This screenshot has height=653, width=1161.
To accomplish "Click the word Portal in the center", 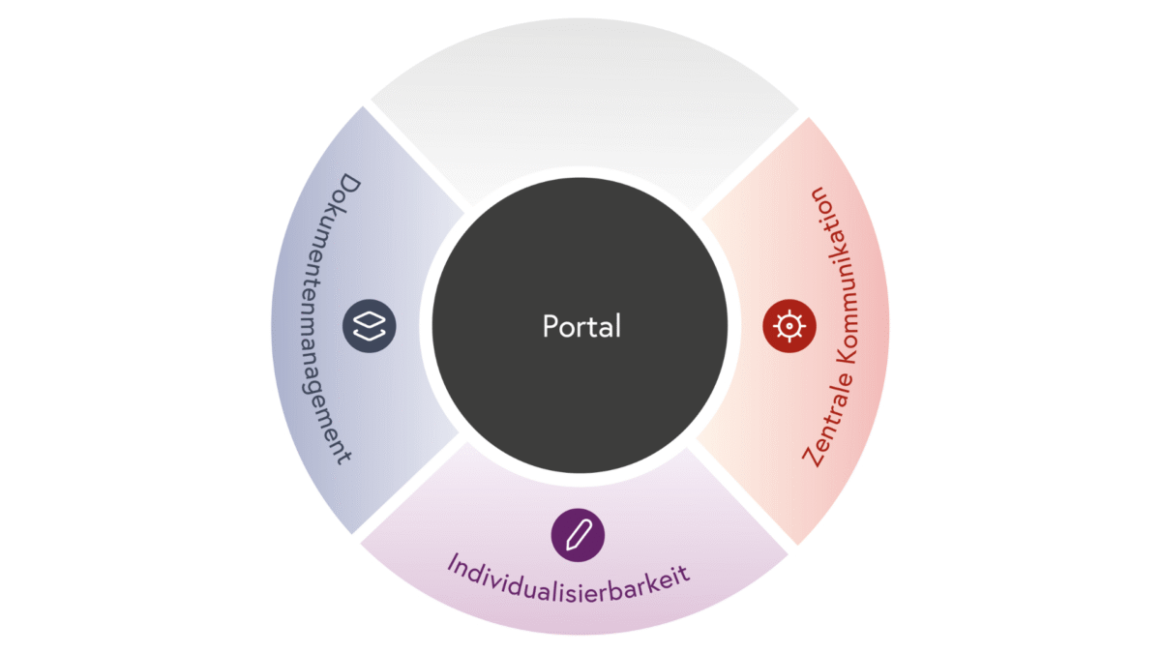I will pos(580,326).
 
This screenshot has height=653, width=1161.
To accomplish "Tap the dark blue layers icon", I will pos(369,326).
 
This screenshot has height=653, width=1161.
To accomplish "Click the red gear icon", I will pos(789,326).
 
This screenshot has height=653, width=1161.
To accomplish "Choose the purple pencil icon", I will pos(578,533).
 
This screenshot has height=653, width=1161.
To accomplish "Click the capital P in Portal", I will pos(550,326).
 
